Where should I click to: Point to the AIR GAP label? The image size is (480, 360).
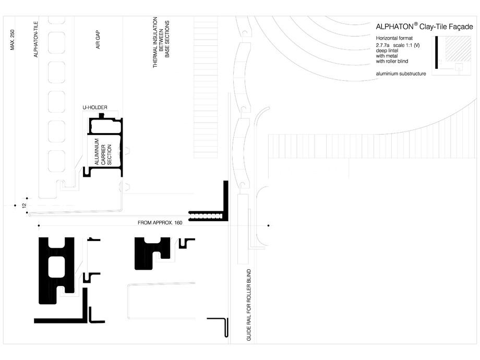pos(97,39)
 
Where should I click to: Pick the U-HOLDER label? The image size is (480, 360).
pos(94,107)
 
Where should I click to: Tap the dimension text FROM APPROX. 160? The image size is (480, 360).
pos(161,223)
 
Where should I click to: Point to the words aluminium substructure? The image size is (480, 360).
pos(401,74)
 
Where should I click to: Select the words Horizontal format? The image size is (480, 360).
pos(394,39)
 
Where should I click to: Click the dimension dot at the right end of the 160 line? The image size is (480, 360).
pos(268,226)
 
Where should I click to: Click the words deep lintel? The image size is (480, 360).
pos(387,51)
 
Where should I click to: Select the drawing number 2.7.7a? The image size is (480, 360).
pos(382,45)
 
